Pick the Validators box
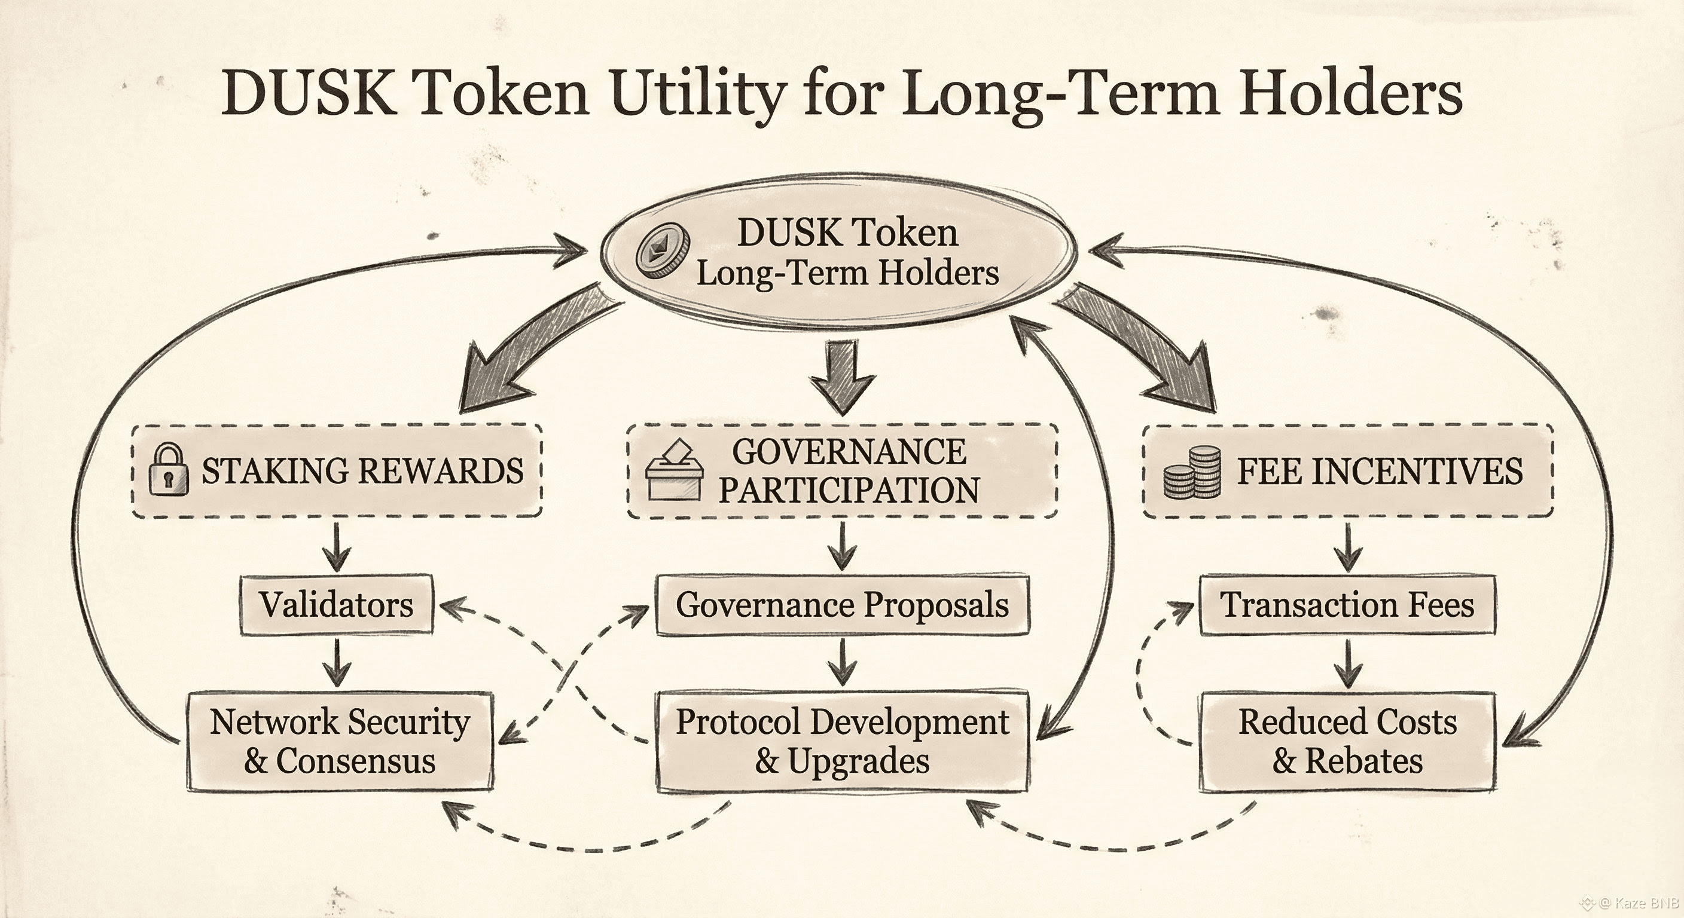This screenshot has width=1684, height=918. (337, 604)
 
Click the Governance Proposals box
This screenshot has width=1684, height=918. (842, 604)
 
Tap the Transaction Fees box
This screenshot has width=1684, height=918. (1348, 604)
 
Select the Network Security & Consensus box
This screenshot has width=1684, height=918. (340, 741)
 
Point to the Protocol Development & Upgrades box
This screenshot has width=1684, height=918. (842, 741)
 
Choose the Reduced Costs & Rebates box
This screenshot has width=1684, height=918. (1348, 741)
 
